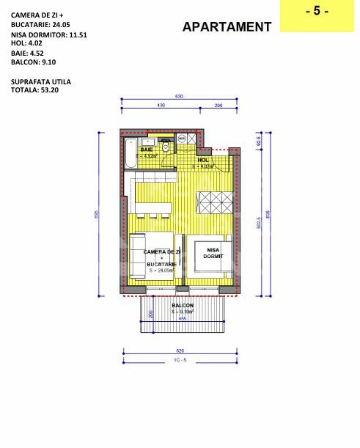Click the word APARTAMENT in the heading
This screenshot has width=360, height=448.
[x=227, y=26]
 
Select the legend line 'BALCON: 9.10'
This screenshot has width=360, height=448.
[x=34, y=62]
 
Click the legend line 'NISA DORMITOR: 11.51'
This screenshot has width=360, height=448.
[x=49, y=34]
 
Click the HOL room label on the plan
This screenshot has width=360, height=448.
[x=204, y=160]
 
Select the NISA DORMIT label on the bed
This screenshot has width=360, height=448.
[x=213, y=253]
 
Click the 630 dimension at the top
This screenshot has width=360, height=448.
[x=177, y=97]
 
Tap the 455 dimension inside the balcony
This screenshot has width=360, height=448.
[x=182, y=319]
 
